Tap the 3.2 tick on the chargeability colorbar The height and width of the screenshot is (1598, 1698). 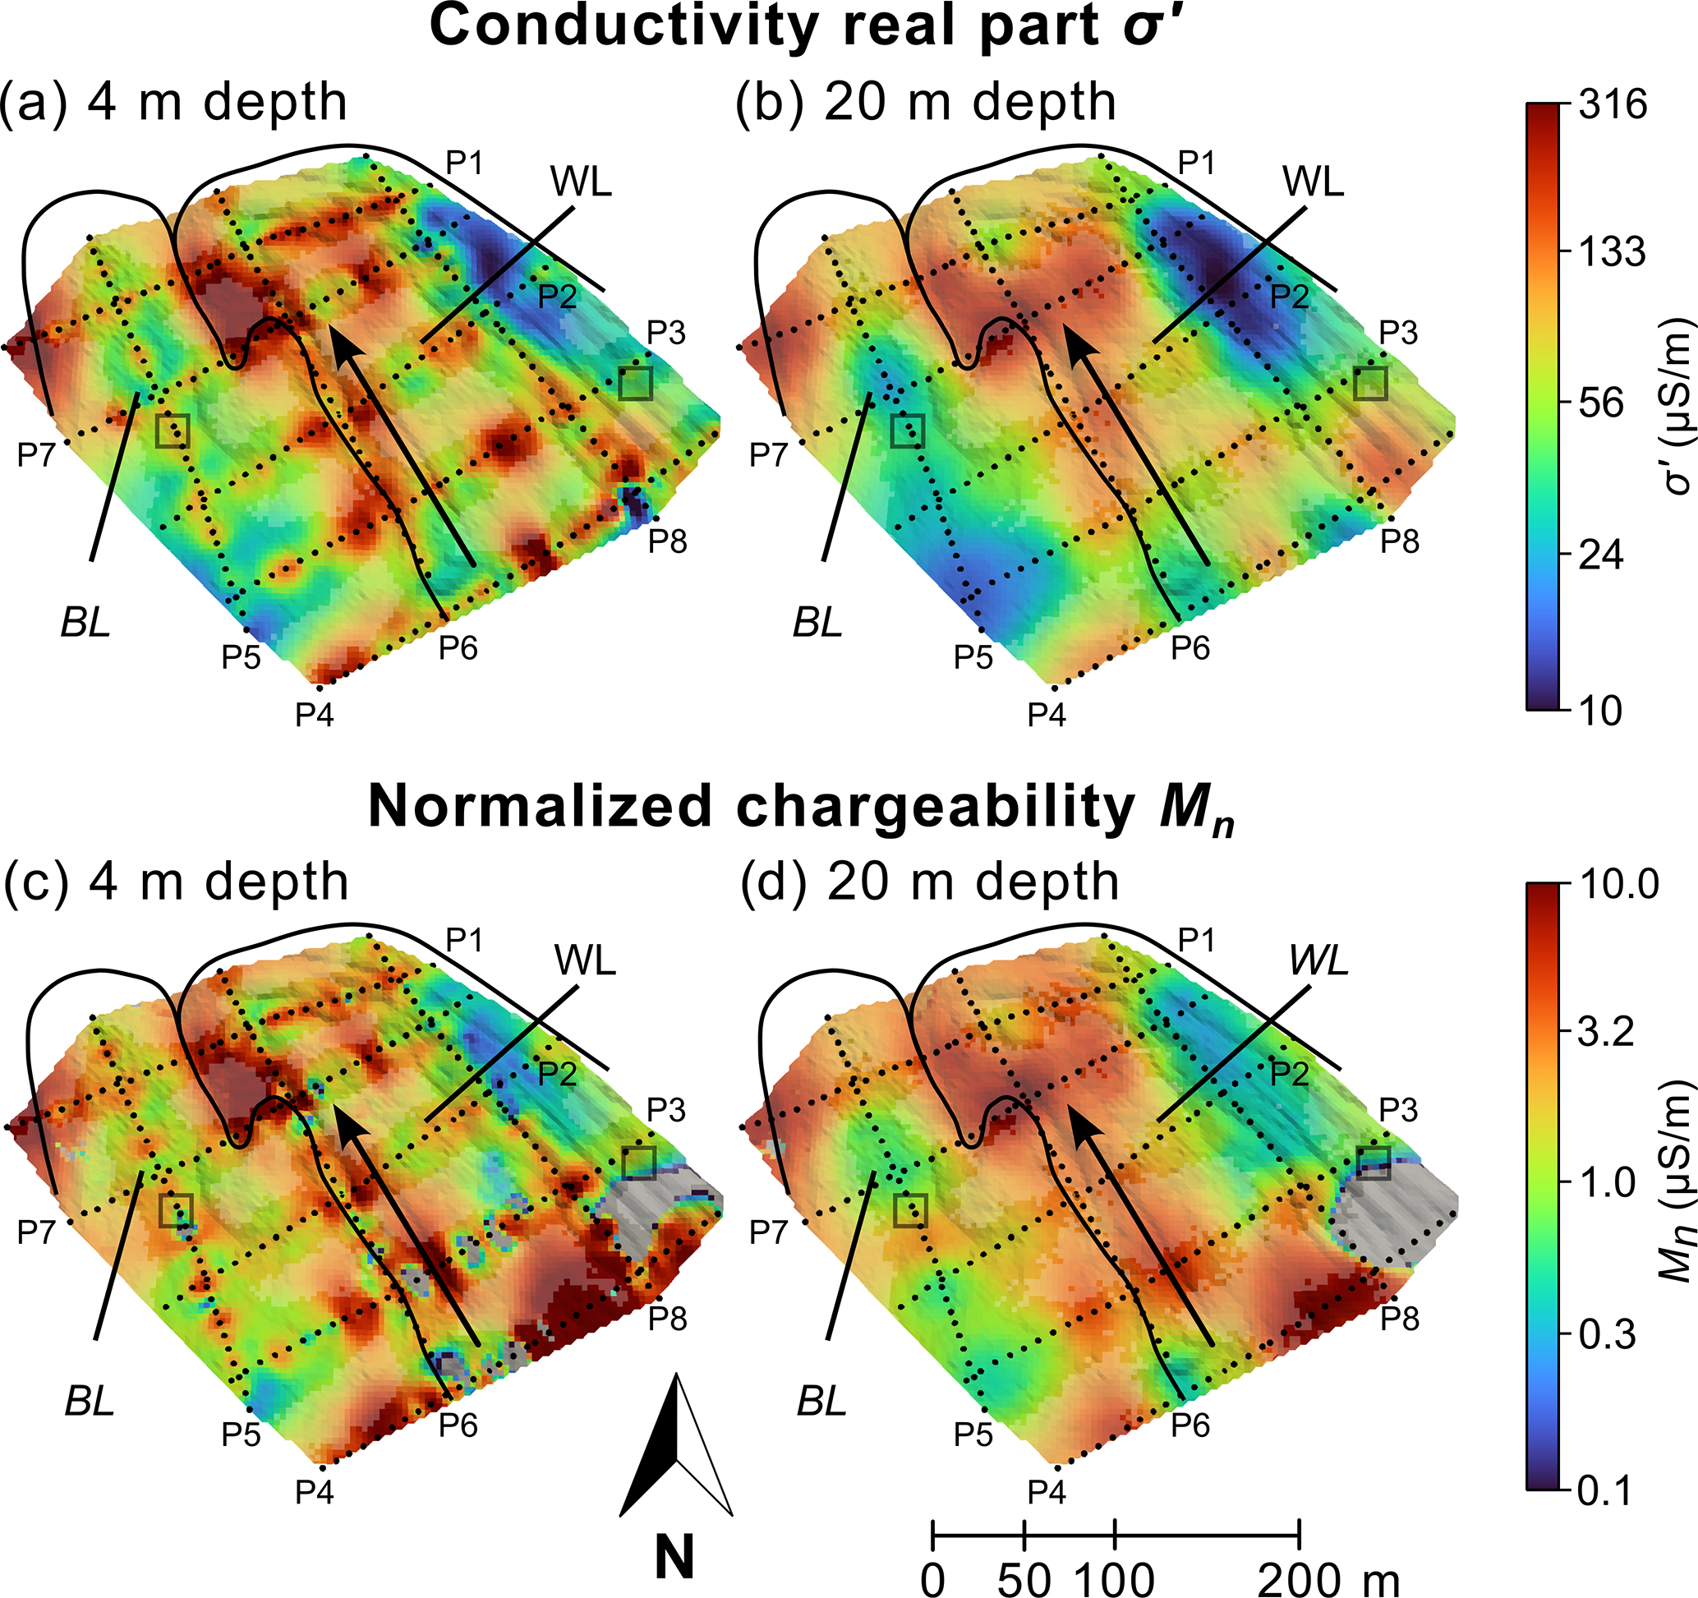coord(1606,1033)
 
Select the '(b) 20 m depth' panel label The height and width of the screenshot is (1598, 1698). coord(927,104)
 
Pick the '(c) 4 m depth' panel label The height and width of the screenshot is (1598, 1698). coord(176,882)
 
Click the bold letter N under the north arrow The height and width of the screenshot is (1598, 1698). coord(674,1555)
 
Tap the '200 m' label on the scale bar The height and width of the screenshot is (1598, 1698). coord(1329,1579)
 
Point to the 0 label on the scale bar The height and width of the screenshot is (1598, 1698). coord(932,1579)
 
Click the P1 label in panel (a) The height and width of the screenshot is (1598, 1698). coord(464,163)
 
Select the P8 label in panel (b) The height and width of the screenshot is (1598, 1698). coord(1400,541)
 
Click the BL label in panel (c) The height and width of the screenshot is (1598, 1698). coord(89,1401)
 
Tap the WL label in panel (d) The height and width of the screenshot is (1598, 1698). coord(1318,962)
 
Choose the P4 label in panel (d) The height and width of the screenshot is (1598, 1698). coord(1047,1492)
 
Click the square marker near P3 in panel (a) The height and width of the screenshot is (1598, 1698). coord(637,384)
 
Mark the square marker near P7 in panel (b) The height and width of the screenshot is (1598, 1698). coord(907,431)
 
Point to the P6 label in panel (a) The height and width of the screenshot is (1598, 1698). coord(458,649)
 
